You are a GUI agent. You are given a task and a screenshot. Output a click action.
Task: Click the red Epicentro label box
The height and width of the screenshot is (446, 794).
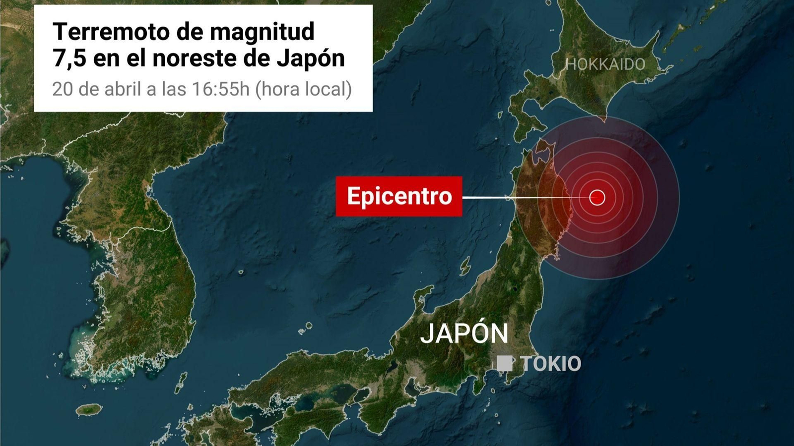coord(399,196)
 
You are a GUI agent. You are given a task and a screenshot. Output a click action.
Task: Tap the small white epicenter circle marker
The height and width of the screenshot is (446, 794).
coord(597,198)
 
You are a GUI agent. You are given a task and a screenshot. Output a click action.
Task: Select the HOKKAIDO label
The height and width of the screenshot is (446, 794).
coord(605,64)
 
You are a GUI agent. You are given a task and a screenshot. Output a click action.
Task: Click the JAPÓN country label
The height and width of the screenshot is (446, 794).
coord(464,333)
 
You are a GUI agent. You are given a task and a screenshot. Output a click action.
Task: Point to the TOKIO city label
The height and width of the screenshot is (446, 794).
coord(551,364)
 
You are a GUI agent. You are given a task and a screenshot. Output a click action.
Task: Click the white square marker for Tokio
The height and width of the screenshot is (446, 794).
coord(505,363)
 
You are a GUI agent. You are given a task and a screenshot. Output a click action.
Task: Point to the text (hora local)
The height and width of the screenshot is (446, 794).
coord(304,89)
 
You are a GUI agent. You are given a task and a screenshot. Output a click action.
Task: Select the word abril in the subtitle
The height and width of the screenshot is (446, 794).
coord(124,89)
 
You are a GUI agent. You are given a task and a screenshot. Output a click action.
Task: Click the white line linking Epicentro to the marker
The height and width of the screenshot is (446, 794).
coord(521,198)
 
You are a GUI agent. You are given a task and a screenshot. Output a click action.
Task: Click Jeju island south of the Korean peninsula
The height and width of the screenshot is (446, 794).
coord(89,410)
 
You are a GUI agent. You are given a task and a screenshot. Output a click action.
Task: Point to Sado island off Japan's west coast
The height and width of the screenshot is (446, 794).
coord(465,266)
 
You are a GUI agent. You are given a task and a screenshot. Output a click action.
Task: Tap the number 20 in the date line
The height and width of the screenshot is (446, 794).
coord(63,89)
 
